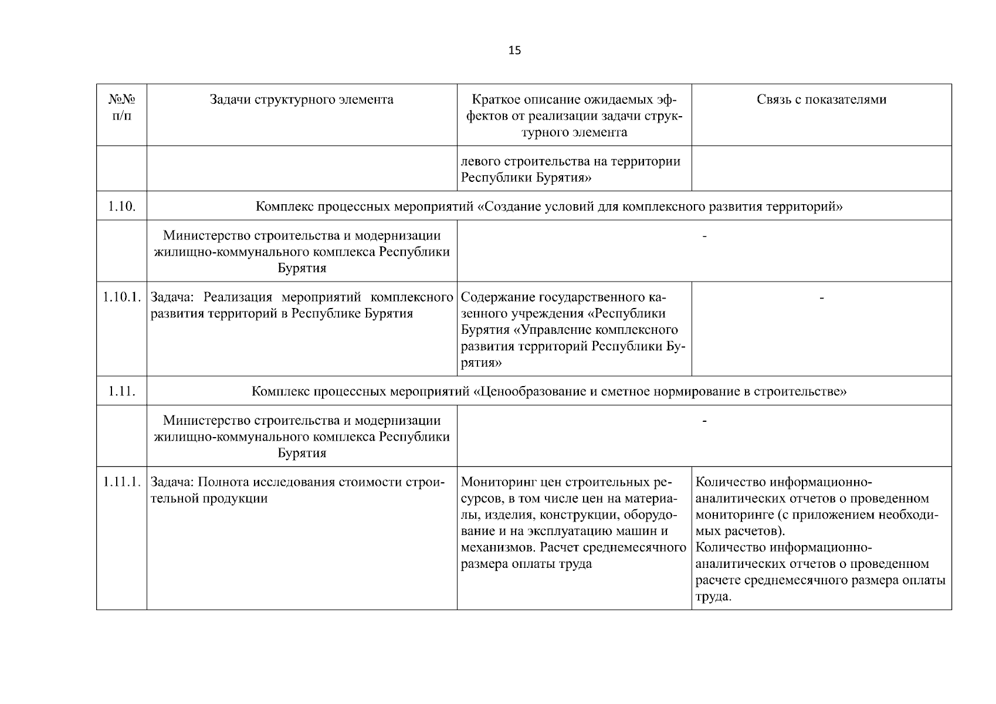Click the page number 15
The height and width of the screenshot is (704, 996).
514,50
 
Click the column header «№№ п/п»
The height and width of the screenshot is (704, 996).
121,107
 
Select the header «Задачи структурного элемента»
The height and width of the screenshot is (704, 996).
301,100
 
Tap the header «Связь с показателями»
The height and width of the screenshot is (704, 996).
821,100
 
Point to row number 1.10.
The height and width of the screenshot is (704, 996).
121,207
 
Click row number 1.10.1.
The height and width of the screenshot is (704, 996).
121,297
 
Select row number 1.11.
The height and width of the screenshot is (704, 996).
121,391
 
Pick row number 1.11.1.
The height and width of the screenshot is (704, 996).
121,482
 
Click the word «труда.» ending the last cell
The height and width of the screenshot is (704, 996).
713,597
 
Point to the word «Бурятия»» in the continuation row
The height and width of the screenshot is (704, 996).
563,178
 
